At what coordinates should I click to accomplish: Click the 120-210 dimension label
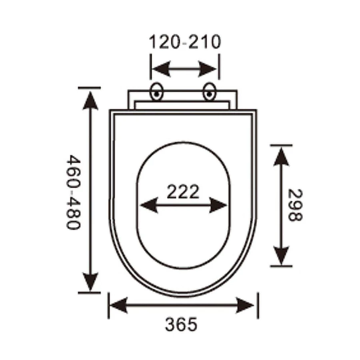pos(184,42)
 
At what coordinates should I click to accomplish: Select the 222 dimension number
pos(183,192)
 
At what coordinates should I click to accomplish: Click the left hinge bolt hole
pos(156,92)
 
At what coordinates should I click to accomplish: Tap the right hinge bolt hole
pos(209,92)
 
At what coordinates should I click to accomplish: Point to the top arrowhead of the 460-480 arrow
pos(92,98)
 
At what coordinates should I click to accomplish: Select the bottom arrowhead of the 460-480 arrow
pos(92,282)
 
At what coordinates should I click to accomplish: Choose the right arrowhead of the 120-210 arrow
pos(212,69)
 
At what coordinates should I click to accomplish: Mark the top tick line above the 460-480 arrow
pos(90,87)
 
